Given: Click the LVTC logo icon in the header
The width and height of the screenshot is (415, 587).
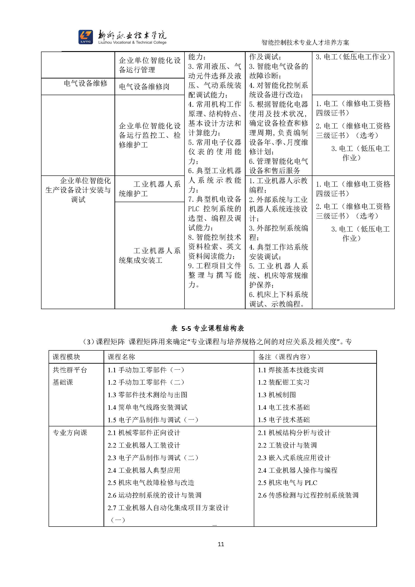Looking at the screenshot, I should pos(85,37).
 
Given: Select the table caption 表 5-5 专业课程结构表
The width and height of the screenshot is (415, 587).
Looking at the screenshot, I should pos(207,328).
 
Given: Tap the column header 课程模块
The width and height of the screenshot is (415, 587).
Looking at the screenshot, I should pos(66,357).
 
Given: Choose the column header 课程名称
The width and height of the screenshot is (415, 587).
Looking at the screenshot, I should pos(121,357).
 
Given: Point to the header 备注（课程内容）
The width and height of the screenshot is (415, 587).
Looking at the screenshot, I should pos(284,357).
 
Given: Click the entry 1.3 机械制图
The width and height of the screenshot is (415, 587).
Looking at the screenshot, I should pos(277,395).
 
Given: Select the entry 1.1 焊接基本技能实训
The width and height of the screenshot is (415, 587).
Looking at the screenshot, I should pos(290,370).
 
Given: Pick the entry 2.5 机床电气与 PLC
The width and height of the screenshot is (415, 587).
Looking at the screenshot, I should pos(288,483).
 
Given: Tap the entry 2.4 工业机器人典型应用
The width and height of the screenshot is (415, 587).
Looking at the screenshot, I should pos(144,470).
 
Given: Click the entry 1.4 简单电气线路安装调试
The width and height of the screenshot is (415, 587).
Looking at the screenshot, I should pos(148,407).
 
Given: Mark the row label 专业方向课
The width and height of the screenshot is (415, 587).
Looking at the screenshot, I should pos(70,433).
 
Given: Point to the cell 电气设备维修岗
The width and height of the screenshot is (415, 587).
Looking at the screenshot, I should pos(144,87).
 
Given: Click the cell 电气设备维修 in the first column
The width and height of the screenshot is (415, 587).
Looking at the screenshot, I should pos(85,83).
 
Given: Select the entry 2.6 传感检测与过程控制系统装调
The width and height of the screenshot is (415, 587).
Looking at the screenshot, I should pos(308,495).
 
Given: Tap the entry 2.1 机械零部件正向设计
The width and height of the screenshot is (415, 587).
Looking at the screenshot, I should pos(144,433).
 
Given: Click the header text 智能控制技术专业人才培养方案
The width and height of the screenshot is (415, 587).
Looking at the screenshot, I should pos(305,42).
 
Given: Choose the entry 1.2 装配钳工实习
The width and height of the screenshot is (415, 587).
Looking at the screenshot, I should pos(284,382).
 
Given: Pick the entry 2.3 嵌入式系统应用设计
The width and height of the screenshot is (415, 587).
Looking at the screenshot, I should pos(294,458).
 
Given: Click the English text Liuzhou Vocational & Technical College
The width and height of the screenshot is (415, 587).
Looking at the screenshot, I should pos(132,42).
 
